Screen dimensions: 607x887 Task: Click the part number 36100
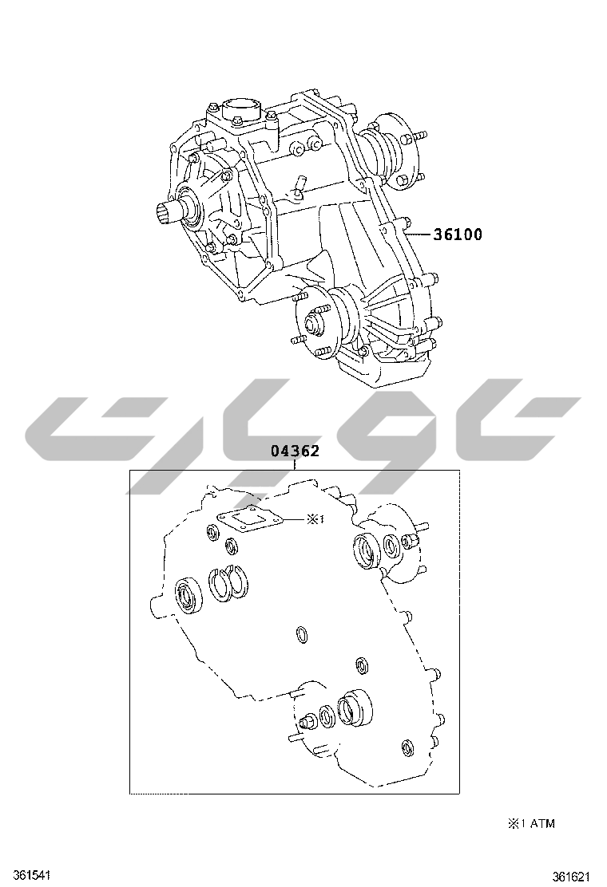458,235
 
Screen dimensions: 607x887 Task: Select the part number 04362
295,451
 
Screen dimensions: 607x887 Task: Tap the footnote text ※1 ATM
530,823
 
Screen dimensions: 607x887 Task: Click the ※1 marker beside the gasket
315,518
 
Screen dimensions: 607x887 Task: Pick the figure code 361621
571,877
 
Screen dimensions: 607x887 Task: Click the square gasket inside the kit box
249,518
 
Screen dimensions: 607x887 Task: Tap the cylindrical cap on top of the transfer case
242,108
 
